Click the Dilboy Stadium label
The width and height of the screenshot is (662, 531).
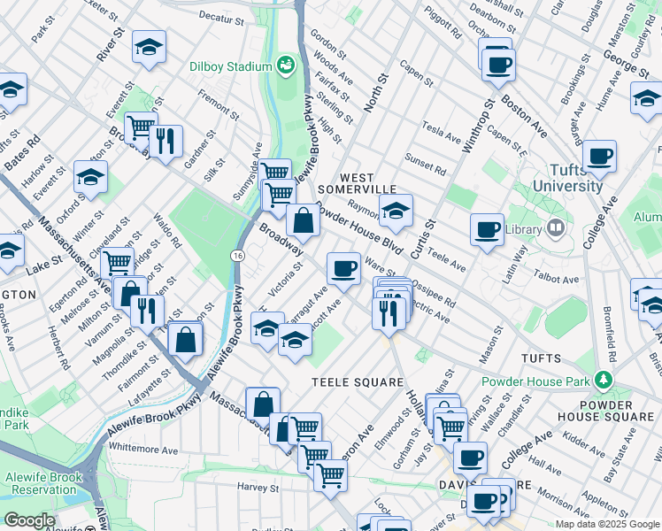(229, 66)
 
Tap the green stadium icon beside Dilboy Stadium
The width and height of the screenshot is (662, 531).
(287, 64)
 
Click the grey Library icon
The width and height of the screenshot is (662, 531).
(556, 227)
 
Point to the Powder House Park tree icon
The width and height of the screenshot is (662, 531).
(604, 381)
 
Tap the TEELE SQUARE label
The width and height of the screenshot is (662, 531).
(350, 381)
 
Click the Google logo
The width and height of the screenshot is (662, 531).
(30, 520)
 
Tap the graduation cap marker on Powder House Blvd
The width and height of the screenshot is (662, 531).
(396, 210)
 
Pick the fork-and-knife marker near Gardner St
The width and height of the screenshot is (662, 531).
(165, 140)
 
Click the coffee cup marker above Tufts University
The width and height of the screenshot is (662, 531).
(599, 156)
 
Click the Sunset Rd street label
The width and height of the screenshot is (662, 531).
(426, 165)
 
